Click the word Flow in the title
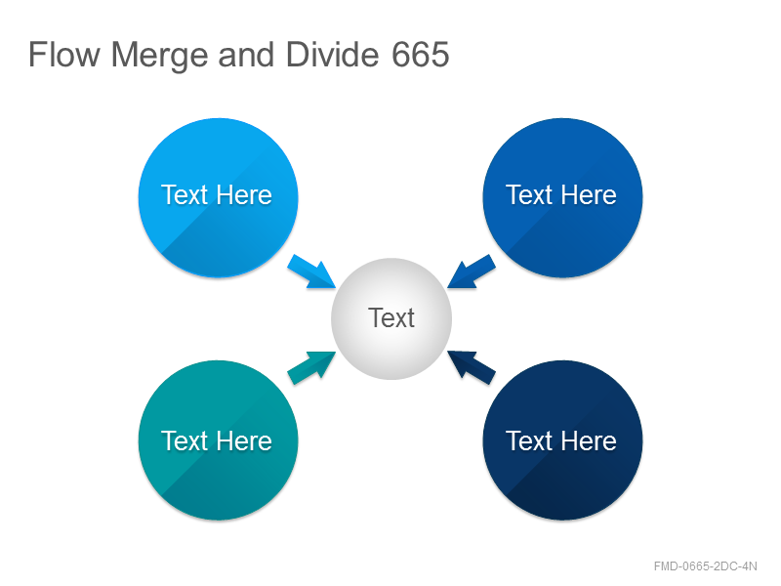click(64, 55)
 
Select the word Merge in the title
click(160, 56)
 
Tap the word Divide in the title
click(333, 54)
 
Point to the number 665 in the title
click(421, 55)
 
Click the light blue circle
click(218, 197)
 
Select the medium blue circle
click(562, 197)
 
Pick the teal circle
click(218, 440)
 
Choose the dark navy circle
click(562, 440)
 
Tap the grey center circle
click(391, 319)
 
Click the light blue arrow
click(311, 272)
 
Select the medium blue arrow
click(472, 272)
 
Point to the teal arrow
click(311, 368)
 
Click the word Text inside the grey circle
click(391, 318)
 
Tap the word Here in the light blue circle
click(244, 194)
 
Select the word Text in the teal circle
click(185, 441)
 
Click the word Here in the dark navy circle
click(589, 441)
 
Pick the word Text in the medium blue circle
click(529, 194)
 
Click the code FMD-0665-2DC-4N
click(705, 566)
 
